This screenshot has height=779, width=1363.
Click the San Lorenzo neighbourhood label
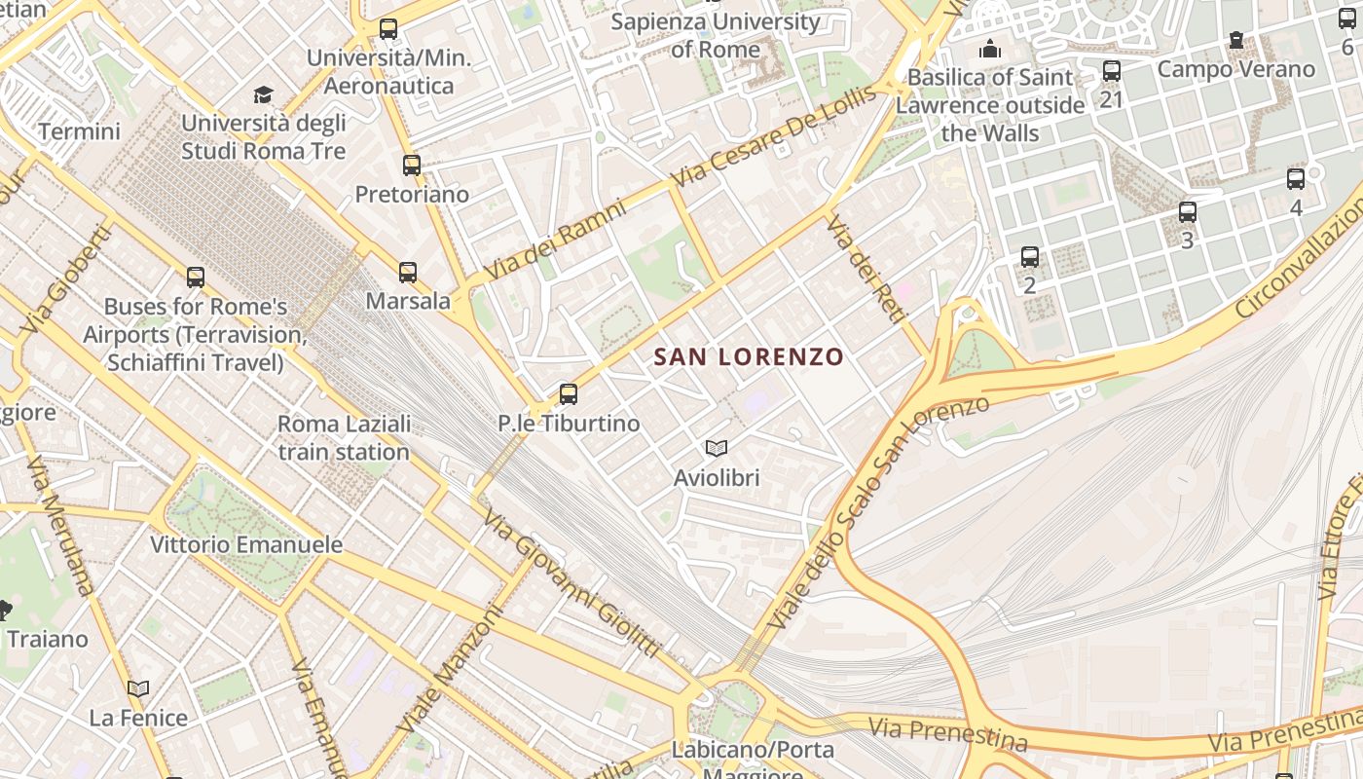[749, 357]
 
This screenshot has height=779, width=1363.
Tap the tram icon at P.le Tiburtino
[569, 394]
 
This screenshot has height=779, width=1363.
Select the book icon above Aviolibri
[717, 448]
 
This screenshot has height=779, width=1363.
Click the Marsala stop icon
[408, 273]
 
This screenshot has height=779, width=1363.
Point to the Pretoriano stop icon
[412, 166]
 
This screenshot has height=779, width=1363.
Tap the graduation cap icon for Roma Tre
[264, 94]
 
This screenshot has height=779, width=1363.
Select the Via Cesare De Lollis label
[773, 137]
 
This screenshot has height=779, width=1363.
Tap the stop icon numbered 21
[1112, 71]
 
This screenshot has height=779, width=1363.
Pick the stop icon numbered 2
[1030, 257]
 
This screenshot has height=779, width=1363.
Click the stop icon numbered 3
[1188, 211]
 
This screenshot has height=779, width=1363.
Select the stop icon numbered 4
[1296, 179]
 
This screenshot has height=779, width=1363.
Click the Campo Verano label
[1235, 69]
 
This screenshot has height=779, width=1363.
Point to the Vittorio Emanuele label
[246, 544]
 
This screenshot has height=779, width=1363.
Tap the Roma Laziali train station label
[344, 438]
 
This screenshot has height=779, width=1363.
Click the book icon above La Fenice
[138, 688]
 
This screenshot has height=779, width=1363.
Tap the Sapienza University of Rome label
[716, 35]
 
